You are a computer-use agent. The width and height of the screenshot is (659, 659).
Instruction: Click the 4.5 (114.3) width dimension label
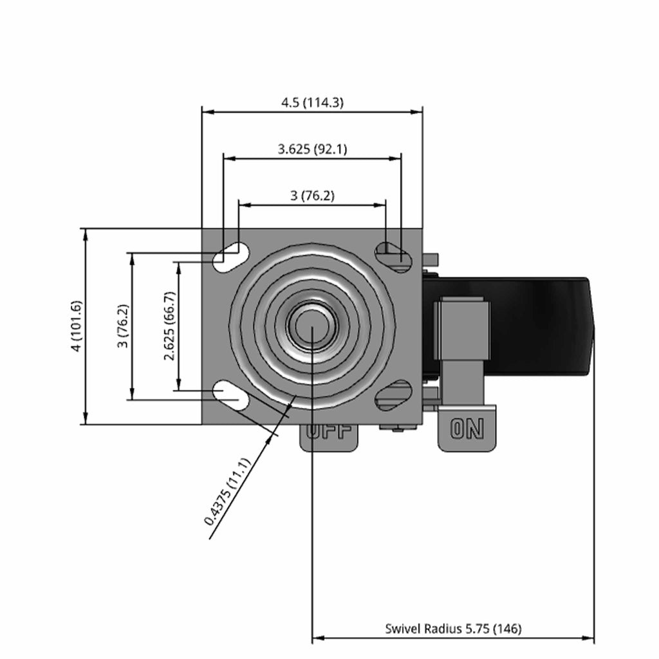point(312,102)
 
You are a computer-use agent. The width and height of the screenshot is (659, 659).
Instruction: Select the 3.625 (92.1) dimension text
point(312,149)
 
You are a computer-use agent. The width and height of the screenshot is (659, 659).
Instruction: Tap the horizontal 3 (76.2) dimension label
point(312,196)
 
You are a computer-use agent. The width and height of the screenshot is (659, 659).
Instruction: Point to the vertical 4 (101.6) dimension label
point(77,326)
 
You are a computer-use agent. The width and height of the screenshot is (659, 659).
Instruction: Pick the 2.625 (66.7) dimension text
point(170,326)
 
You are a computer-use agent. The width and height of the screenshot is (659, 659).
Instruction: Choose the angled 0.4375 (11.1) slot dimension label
point(227,492)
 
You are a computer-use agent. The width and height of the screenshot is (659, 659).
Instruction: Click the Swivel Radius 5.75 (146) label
point(453,629)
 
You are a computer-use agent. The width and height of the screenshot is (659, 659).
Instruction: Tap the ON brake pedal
point(467,429)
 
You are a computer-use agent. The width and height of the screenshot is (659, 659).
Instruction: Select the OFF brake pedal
point(329,437)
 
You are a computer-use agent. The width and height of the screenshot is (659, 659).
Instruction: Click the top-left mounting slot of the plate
point(231,256)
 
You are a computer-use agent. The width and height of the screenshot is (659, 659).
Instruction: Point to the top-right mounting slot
point(394,256)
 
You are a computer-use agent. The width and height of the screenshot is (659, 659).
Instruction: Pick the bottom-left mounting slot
point(231,396)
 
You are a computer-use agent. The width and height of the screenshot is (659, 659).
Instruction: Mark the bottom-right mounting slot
point(394,396)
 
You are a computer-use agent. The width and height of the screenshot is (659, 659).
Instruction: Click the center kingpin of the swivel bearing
point(312,326)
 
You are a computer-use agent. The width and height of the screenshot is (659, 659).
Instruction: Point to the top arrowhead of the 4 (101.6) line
point(86,235)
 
